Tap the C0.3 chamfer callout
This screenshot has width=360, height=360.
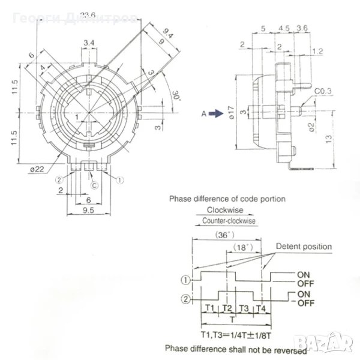click(323, 91)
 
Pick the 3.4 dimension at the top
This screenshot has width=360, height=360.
click(88, 42)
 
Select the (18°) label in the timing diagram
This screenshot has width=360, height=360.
click(241, 247)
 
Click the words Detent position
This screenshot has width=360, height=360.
click(303, 247)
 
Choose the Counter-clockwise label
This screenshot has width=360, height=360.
click(228, 221)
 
